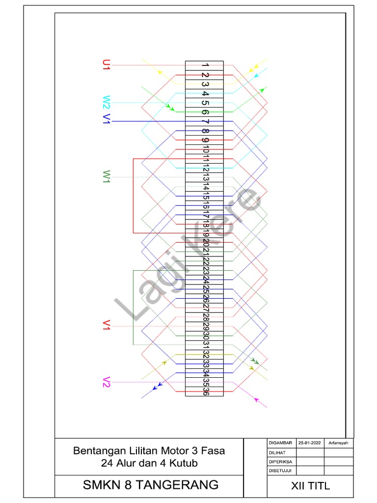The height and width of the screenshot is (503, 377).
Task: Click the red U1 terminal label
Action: [x=106, y=65]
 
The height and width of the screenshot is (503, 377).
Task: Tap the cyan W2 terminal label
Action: [x=107, y=102]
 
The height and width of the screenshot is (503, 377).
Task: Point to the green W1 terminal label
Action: [x=107, y=176]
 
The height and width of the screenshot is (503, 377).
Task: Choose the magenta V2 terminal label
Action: [x=107, y=382]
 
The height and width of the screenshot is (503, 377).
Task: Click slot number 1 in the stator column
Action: [x=205, y=65]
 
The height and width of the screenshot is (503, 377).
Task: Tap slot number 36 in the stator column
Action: [x=205, y=391]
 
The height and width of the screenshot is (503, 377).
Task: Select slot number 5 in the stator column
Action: [x=205, y=103]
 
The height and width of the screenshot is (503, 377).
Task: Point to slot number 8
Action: [x=205, y=131]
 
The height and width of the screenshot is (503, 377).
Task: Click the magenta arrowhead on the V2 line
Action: [x=256, y=399]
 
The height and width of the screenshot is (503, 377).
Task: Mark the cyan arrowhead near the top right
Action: [x=257, y=76]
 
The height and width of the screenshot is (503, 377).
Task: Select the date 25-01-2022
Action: [x=309, y=443]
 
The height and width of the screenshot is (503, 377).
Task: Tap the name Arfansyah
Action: [x=339, y=443]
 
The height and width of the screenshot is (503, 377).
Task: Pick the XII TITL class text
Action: [x=311, y=486]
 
